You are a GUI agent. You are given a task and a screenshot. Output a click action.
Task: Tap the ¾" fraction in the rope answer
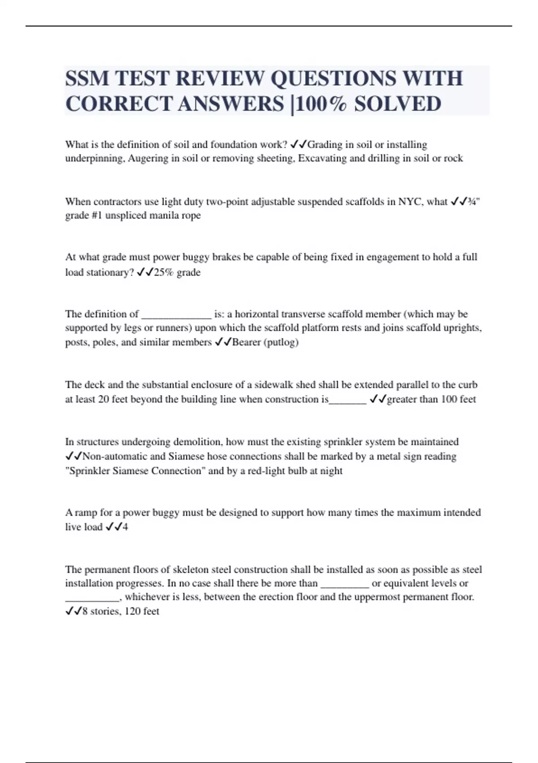473,202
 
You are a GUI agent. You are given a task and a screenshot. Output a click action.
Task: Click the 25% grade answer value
177,272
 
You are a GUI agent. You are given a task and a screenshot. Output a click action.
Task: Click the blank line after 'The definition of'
176,314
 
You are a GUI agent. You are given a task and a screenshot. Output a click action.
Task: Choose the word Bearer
246,342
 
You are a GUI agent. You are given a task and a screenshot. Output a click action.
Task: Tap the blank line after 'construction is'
347,399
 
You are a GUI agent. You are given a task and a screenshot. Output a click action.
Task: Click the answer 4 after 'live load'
125,527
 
